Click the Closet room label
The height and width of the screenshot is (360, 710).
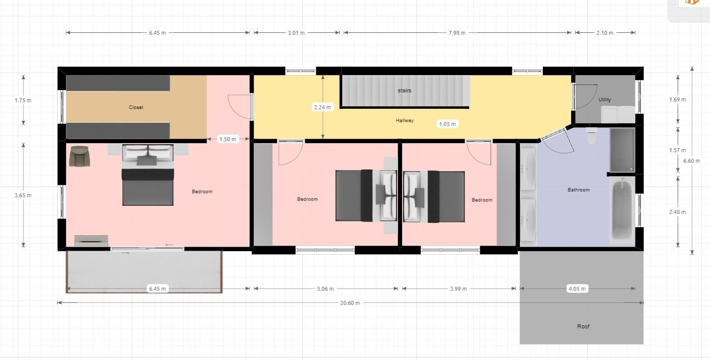(136, 107)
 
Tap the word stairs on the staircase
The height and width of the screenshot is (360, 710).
(405, 90)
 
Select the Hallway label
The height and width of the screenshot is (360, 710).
(405, 120)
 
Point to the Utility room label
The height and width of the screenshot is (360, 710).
(605, 99)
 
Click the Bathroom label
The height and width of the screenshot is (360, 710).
(579, 190)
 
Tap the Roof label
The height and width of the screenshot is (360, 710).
(583, 326)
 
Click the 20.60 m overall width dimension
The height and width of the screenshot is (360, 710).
(350, 303)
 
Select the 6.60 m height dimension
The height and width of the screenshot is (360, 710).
(692, 161)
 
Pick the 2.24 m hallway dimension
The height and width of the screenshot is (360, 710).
(322, 107)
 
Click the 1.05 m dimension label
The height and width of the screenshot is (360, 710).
(447, 124)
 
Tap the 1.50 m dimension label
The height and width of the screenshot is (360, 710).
(227, 139)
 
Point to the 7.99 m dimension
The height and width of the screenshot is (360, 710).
(457, 33)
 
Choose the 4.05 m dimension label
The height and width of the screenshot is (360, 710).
(577, 289)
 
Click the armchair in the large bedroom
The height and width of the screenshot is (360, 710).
(80, 156)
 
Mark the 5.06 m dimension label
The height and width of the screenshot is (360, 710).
(325, 289)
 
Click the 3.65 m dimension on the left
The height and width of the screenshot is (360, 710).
(23, 195)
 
